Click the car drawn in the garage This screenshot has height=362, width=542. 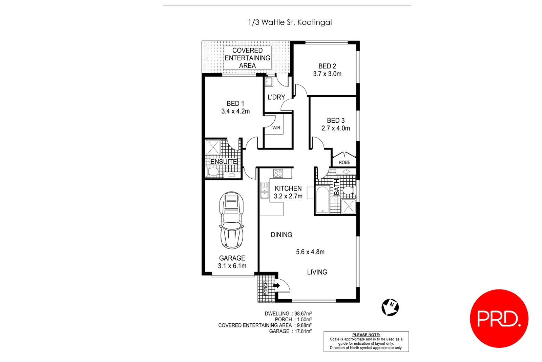(x=232, y=220)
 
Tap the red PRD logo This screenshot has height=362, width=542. (x=499, y=318)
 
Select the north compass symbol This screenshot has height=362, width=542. (x=390, y=307)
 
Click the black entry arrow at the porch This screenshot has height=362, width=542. (x=276, y=285)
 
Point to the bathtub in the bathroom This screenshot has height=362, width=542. (x=322, y=200)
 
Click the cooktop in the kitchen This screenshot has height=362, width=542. (x=278, y=173)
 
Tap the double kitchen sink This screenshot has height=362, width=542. (x=265, y=190)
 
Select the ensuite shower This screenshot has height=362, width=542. (x=213, y=147)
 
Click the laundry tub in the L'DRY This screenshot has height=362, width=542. (x=269, y=82)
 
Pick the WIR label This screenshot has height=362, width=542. (x=276, y=127)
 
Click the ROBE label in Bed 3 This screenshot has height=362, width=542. (x=344, y=162)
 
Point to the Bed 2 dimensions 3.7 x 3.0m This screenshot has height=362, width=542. (x=327, y=74)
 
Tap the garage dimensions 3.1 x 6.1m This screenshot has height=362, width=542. (x=232, y=266)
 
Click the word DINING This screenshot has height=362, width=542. (x=282, y=235)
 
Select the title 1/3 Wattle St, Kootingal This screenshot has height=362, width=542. (x=290, y=22)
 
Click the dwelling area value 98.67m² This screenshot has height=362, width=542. (x=303, y=314)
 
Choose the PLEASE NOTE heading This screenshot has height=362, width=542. (x=366, y=335)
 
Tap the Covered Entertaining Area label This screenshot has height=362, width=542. (x=247, y=58)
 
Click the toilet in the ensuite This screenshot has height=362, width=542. (x=212, y=172)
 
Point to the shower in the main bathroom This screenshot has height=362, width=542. (x=349, y=206)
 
